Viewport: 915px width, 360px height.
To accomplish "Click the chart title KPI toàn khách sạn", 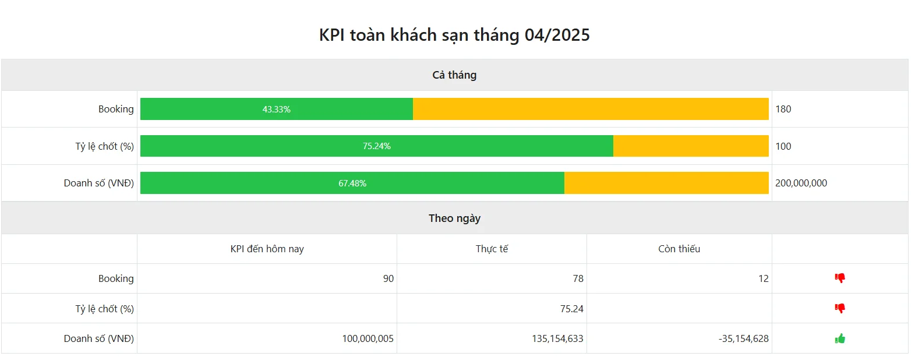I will tap(454, 35).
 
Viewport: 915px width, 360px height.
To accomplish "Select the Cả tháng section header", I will tap(454, 75).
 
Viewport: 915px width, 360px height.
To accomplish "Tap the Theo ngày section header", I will tap(454, 218).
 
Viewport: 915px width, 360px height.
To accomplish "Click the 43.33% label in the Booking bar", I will tap(277, 110).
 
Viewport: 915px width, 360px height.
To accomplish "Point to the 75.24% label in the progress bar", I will tap(377, 146).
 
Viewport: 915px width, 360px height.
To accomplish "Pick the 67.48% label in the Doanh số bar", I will tap(352, 183).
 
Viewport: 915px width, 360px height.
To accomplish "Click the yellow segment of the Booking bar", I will tap(591, 110).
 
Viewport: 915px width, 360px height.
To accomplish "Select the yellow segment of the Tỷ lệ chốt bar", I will tap(691, 146).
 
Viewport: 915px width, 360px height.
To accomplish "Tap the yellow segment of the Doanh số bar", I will tap(666, 183).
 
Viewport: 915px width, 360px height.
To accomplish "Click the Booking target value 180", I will tap(783, 110).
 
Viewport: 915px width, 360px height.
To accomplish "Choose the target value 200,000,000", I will tap(801, 183).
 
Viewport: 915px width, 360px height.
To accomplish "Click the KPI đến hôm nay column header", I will tap(267, 249).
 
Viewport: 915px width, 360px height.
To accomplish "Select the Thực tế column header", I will tap(492, 249).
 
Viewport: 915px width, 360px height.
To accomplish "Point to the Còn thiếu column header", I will tap(679, 249).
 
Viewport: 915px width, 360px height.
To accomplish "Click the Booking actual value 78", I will tap(578, 279).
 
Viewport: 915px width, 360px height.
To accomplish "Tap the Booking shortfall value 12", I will tap(763, 279).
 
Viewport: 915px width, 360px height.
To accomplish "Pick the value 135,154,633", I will tap(557, 339).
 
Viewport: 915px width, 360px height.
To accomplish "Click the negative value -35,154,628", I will tap(743, 339).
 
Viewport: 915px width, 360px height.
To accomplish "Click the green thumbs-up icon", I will tap(840, 338).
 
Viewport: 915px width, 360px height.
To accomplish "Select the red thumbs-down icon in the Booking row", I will tap(840, 278).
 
